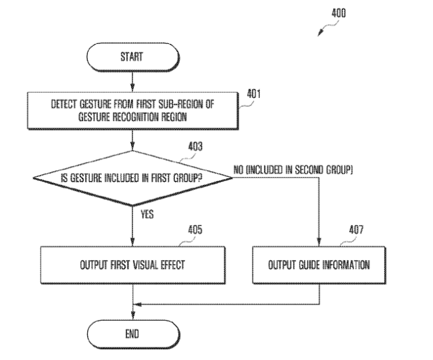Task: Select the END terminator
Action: pyautogui.click(x=132, y=333)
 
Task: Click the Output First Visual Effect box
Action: pyautogui.click(x=132, y=265)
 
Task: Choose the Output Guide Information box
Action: pyautogui.click(x=320, y=265)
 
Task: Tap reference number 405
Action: pyautogui.click(x=194, y=230)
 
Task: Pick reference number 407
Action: pyautogui.click(x=356, y=230)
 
